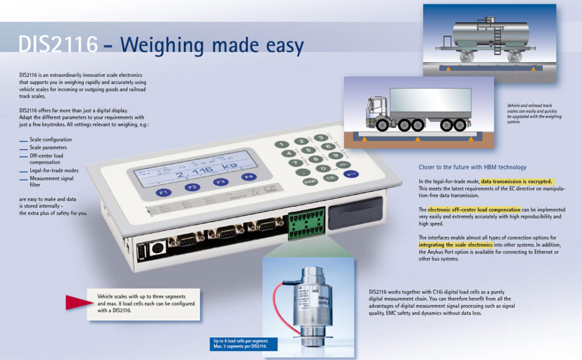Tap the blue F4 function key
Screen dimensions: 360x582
[248, 177]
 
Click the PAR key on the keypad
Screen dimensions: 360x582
[310, 183]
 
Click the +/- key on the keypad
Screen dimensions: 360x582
[342, 165]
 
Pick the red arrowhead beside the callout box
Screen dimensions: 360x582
[77, 303]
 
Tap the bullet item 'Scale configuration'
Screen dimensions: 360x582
[51, 139]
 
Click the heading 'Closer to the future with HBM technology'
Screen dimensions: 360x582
[472, 167]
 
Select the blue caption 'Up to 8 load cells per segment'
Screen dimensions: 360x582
[242, 341]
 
